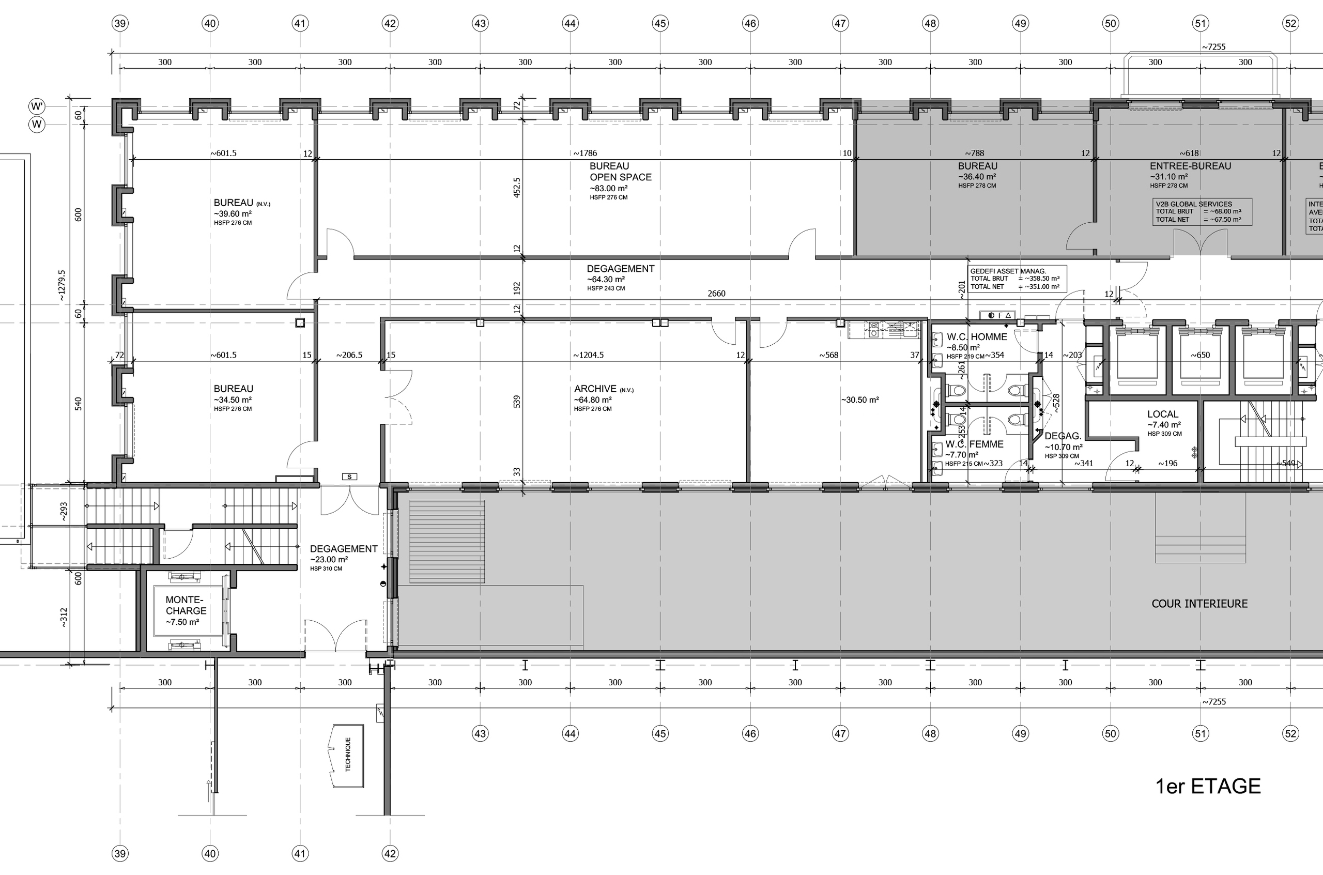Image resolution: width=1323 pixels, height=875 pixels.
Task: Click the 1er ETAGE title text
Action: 1207,786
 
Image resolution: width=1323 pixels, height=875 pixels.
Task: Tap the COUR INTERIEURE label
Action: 1199,604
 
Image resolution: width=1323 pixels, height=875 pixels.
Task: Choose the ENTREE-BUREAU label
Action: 1190,166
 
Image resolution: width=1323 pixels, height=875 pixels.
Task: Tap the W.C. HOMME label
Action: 976,337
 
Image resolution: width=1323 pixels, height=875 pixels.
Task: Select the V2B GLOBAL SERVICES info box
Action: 1203,212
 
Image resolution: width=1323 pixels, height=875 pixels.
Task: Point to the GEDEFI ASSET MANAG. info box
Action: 1017,279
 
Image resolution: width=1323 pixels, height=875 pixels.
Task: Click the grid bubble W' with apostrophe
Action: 37,106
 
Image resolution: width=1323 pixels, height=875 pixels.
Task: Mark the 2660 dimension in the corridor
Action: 716,294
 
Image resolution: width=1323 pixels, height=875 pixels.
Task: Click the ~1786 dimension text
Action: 585,153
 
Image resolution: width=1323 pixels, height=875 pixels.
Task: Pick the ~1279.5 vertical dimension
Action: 62,286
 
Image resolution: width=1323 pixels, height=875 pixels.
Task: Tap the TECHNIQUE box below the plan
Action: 348,755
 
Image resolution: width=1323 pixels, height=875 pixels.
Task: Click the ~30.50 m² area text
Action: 860,400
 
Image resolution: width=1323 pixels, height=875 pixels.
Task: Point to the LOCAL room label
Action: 1162,415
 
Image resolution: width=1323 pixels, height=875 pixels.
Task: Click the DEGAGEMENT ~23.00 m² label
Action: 343,554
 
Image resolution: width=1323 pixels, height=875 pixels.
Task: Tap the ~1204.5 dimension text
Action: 588,355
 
